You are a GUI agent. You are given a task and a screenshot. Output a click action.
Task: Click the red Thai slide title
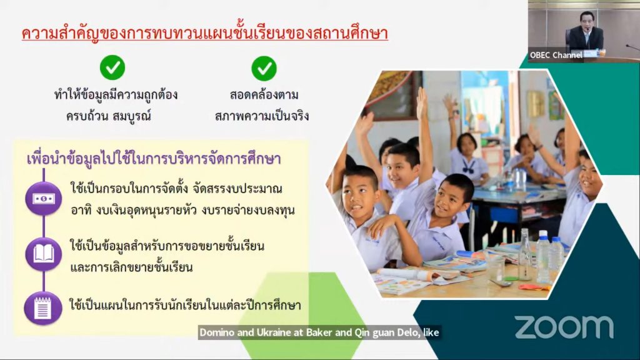click(x=204, y=33)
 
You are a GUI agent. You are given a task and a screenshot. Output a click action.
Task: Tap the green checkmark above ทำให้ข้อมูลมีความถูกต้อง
click(x=112, y=67)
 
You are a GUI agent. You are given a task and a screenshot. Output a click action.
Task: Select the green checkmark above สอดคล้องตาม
click(x=264, y=68)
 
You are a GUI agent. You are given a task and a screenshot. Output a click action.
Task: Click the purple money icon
click(x=44, y=198)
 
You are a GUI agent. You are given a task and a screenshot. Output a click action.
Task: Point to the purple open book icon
click(x=44, y=254)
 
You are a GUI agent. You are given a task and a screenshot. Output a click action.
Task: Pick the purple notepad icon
click(x=43, y=308)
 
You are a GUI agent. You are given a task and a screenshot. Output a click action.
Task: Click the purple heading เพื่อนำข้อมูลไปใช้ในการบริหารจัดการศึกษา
click(x=154, y=159)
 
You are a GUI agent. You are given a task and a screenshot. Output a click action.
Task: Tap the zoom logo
click(x=564, y=327)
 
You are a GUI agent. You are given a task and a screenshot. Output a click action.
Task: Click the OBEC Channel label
click(x=556, y=55)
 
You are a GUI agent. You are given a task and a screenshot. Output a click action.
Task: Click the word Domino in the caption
click(x=217, y=332)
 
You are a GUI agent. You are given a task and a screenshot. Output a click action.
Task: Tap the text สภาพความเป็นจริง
click(x=262, y=116)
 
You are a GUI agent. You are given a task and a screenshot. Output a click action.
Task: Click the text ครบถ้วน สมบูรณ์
click(x=109, y=116)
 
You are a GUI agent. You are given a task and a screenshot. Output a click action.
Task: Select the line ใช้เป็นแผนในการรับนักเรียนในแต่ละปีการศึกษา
click(x=185, y=305)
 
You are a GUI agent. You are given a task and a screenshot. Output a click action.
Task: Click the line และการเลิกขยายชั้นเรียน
click(x=131, y=267)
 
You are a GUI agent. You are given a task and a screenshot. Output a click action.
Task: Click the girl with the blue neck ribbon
click(x=467, y=157)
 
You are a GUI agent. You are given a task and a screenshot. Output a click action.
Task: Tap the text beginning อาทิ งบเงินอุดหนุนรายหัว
click(x=182, y=210)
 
